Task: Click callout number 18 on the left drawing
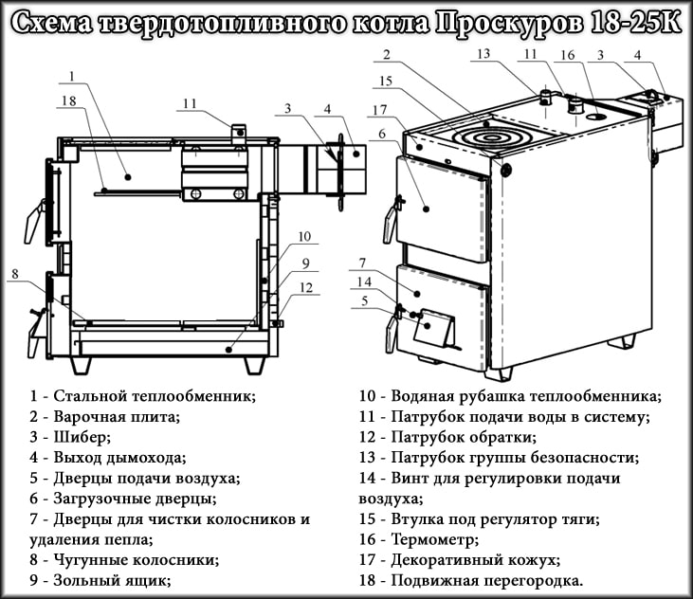pos(67,100)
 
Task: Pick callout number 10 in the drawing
pos(303,237)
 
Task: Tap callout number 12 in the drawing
pos(305,287)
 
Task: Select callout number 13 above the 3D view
pos(483,54)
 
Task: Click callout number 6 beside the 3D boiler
pos(381,135)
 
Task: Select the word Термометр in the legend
pos(435,538)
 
